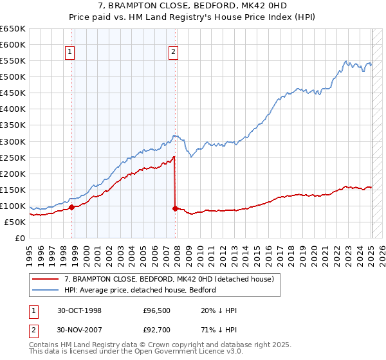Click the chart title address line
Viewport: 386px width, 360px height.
193,6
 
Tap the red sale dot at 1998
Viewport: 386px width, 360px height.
72,207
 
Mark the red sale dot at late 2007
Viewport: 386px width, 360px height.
176,208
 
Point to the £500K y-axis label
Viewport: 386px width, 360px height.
13,77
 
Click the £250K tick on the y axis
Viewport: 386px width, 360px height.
13,157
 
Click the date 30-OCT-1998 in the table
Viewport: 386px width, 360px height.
80,310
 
